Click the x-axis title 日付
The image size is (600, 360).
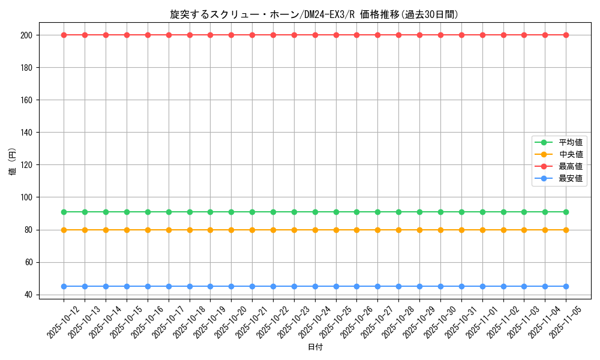315,347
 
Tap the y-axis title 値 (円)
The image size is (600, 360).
13,162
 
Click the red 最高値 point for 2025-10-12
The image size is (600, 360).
64,35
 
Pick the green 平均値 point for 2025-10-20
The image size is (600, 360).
231,212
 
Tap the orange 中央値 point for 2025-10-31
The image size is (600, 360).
461,230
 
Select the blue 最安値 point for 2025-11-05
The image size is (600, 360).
566,286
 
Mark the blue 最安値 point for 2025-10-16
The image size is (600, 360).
148,286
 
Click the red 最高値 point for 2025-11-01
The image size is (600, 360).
482,35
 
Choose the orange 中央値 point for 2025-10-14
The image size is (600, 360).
106,230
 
